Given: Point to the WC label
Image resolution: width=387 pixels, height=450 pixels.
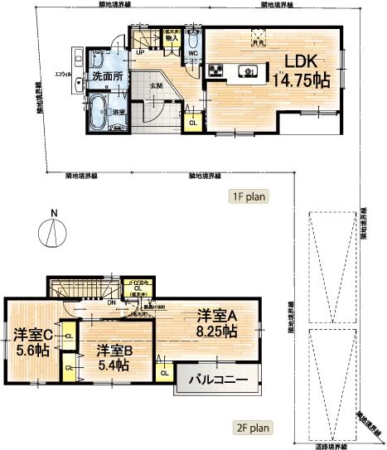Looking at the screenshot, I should (x=191, y=55).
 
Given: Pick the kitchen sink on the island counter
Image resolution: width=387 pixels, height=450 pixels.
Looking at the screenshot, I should (x=247, y=70).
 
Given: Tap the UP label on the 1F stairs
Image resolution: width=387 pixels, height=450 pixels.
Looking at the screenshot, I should (x=140, y=51).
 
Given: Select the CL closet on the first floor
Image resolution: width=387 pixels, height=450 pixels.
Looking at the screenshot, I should (x=192, y=122).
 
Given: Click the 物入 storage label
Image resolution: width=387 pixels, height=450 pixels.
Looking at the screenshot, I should (x=172, y=36).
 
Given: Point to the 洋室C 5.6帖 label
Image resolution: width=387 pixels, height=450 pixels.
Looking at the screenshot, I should (x=31, y=343).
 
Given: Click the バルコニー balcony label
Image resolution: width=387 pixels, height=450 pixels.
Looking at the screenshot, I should (x=219, y=381).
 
